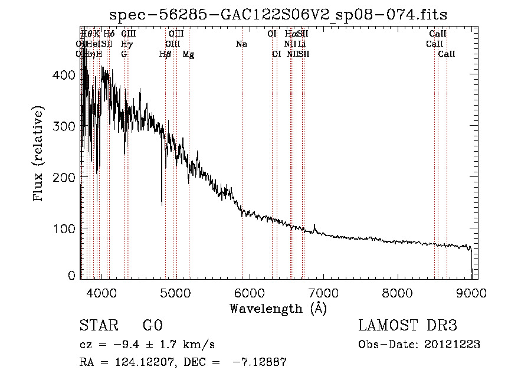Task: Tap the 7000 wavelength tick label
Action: point(323,292)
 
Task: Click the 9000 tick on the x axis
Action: point(471,292)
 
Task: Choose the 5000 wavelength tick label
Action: point(175,292)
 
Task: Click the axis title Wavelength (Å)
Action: point(278,308)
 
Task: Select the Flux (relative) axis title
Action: point(40,155)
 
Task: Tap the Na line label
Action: point(241,44)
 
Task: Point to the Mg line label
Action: point(188,54)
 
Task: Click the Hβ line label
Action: point(165,54)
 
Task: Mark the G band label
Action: point(124,54)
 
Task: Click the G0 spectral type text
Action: point(152,326)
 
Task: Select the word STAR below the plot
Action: point(98,326)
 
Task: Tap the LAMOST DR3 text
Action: point(407,326)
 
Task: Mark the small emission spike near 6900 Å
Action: point(315,226)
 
